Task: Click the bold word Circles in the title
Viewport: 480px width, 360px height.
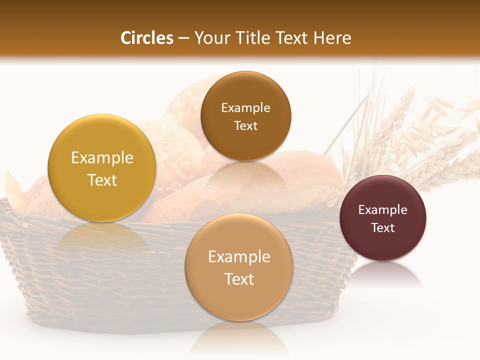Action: (x=147, y=38)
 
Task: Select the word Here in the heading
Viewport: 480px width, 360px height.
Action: (x=331, y=38)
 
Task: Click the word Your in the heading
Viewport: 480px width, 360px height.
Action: (x=212, y=38)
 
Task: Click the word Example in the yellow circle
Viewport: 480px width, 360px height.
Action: (x=102, y=158)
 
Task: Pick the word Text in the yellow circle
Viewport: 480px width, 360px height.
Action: (x=102, y=180)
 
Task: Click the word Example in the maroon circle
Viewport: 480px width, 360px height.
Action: (x=383, y=210)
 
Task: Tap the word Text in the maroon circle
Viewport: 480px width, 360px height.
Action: (x=383, y=228)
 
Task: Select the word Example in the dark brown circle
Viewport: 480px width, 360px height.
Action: (x=245, y=108)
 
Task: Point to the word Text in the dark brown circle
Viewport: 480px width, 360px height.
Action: (x=245, y=125)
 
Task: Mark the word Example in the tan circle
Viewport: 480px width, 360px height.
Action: (x=239, y=257)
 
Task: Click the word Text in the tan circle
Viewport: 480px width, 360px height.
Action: (x=239, y=279)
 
